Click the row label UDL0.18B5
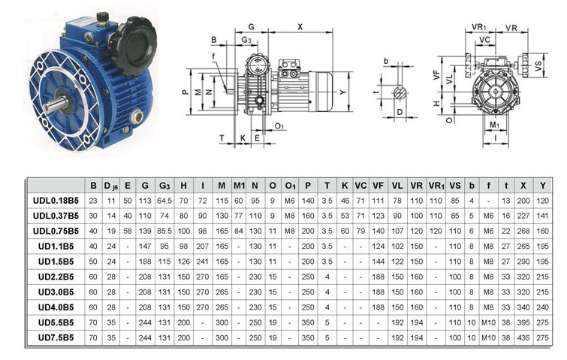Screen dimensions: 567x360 click(x=56, y=201)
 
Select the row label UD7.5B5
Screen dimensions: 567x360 click(x=56, y=337)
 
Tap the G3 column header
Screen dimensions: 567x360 click(x=164, y=186)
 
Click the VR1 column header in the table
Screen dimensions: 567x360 click(x=436, y=186)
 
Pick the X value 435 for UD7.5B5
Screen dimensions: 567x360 click(x=523, y=337)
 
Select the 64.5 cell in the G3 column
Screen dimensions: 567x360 click(x=164, y=201)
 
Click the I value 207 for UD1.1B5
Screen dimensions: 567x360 click(x=203, y=247)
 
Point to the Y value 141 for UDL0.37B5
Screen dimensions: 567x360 click(x=542, y=216)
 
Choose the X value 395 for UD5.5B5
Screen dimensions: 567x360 click(x=523, y=322)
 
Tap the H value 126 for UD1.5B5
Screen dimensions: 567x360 click(x=184, y=262)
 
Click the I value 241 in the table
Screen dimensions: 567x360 click(x=203, y=262)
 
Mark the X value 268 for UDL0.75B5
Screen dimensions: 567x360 click(x=523, y=231)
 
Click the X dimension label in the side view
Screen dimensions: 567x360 click(x=300, y=26)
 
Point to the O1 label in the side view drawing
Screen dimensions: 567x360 click(x=279, y=126)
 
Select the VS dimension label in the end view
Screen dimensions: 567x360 click(x=538, y=65)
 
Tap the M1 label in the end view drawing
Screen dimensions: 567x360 click(x=494, y=126)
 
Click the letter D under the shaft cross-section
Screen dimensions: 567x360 click(x=400, y=112)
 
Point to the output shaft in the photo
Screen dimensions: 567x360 click(x=56, y=104)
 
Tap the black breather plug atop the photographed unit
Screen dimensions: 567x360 click(x=102, y=18)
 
